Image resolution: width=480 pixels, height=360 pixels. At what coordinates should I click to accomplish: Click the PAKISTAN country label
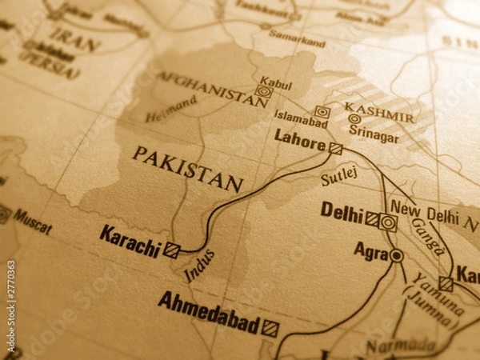pyautogui.click(x=188, y=168)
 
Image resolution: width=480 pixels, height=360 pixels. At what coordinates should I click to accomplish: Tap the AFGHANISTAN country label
pyautogui.click(x=210, y=87)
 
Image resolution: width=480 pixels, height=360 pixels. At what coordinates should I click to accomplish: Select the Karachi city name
pyautogui.click(x=130, y=240)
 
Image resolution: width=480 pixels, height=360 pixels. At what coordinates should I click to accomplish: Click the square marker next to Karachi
pyautogui.click(x=171, y=250)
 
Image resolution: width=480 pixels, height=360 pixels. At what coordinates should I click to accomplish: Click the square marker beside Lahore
pyautogui.click(x=335, y=148)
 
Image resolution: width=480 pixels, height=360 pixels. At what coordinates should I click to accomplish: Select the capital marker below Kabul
pyautogui.click(x=264, y=91)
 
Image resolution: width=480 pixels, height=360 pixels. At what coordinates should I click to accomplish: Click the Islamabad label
pyautogui.click(x=301, y=118)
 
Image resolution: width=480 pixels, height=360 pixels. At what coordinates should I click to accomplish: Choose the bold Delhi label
pyautogui.click(x=342, y=210)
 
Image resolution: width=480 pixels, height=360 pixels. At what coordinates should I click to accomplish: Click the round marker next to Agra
pyautogui.click(x=396, y=255)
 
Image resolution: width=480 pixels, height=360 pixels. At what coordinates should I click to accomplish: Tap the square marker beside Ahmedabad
pyautogui.click(x=270, y=328)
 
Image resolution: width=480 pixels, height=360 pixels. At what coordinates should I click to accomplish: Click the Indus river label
pyautogui.click(x=199, y=266)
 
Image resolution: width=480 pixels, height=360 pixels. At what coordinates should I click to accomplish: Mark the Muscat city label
pyautogui.click(x=31, y=221)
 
